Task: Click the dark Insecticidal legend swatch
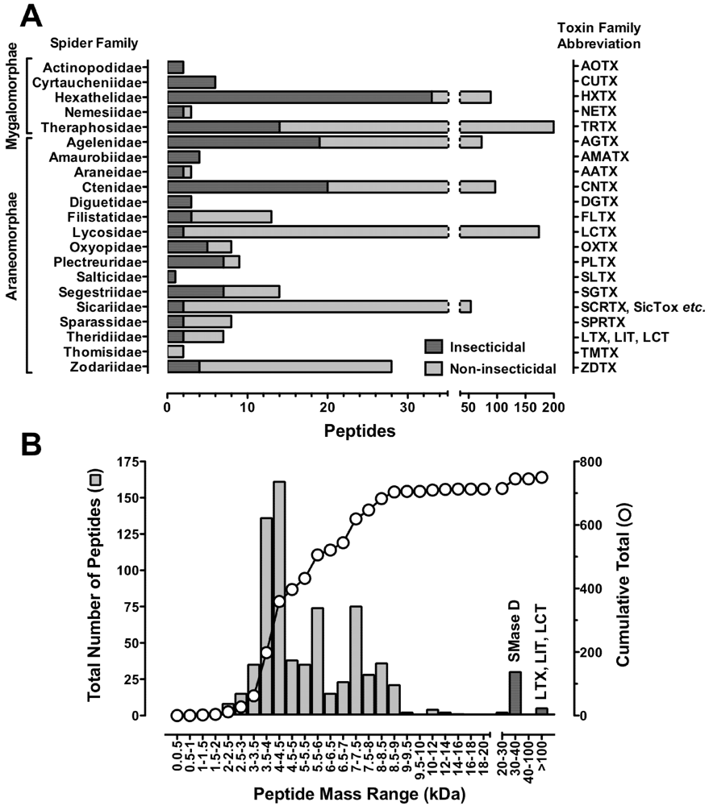point(435,346)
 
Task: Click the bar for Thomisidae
point(175,352)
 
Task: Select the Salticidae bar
point(171,277)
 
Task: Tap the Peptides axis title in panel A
point(360,430)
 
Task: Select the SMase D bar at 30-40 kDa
point(515,693)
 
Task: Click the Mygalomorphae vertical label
point(10,98)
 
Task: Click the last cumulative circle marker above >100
point(542,477)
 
